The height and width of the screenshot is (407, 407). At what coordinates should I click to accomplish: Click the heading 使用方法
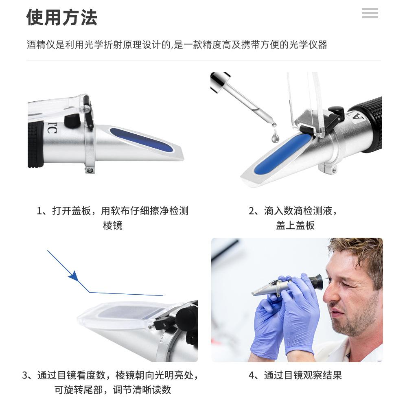tap(62, 18)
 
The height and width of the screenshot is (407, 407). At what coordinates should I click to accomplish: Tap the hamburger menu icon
tap(370, 13)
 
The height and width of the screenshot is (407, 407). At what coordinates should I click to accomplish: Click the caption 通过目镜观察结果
tap(303, 375)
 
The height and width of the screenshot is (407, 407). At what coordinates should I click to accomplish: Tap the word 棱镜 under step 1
tap(113, 225)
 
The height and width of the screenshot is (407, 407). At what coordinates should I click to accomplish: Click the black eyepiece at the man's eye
tap(316, 282)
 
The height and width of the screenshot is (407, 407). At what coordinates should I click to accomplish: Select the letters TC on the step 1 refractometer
tap(51, 127)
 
